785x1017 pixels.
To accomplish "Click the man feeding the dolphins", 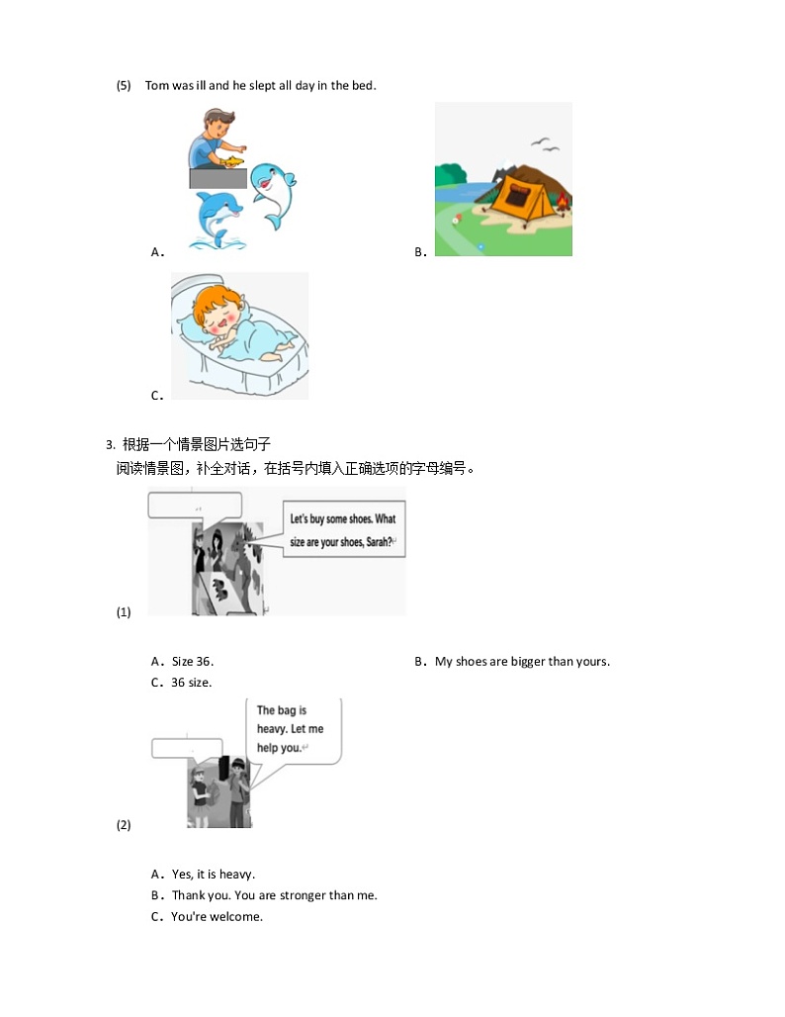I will pos(213,139).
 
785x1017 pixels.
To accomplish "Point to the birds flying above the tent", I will pos(545,144).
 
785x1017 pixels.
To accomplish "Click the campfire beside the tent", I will pos(563,205).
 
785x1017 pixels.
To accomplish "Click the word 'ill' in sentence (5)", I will pos(201,86).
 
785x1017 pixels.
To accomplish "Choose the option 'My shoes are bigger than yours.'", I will pos(522,662).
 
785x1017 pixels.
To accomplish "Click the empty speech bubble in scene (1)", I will pos(194,507).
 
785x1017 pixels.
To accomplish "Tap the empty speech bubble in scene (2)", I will pos(188,748).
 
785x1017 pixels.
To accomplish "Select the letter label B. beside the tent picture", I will pos(420,252).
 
